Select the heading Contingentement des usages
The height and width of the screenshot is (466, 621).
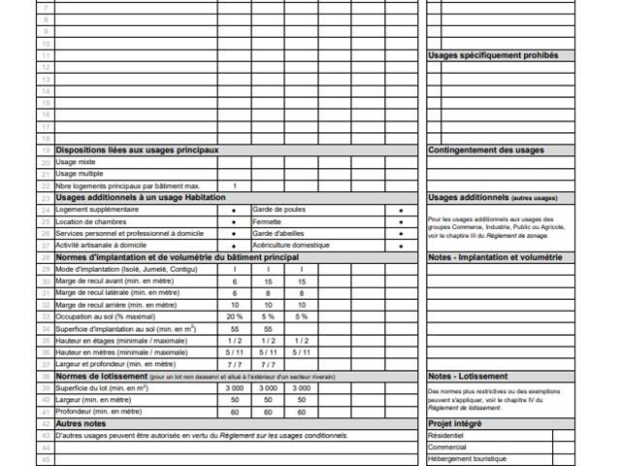click(x=485, y=150)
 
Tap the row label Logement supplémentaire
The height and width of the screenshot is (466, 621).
click(x=97, y=210)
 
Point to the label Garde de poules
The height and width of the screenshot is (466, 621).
click(x=278, y=210)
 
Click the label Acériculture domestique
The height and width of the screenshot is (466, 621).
click(x=287, y=246)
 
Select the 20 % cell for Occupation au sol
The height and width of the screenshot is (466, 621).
click(x=235, y=316)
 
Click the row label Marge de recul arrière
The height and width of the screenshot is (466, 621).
click(x=117, y=305)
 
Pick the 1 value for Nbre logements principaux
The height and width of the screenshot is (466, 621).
click(x=235, y=185)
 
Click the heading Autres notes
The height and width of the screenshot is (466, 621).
click(x=82, y=423)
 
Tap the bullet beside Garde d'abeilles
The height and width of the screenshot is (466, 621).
click(x=401, y=234)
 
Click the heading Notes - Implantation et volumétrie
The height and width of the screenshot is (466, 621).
click(x=495, y=257)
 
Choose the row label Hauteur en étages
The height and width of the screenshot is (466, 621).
click(x=121, y=341)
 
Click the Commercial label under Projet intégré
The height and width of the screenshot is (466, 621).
click(x=447, y=448)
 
